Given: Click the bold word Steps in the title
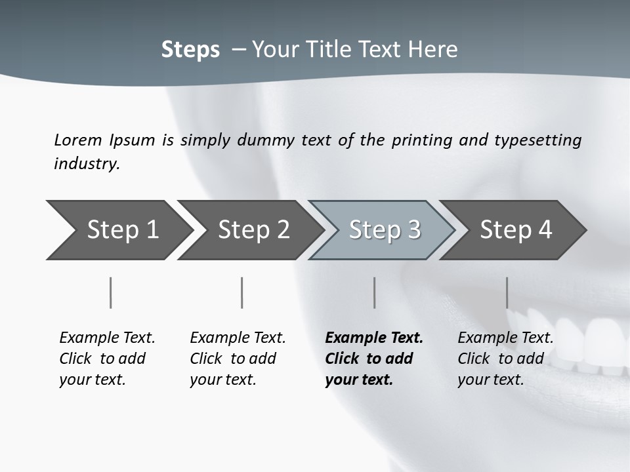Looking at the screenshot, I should pyautogui.click(x=190, y=50).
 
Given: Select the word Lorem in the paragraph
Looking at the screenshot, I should pyautogui.click(x=77, y=140).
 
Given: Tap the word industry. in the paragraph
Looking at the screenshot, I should pyautogui.click(x=87, y=163).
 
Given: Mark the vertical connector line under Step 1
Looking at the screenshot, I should pyautogui.click(x=110, y=292).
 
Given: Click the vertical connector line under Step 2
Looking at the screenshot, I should pyautogui.click(x=242, y=292).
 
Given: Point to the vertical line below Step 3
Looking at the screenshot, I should pyautogui.click(x=374, y=292).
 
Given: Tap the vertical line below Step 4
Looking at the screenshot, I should pyautogui.click(x=507, y=292).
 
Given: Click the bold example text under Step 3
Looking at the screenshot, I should pyautogui.click(x=373, y=359).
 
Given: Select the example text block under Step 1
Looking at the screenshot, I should pyautogui.click(x=107, y=359).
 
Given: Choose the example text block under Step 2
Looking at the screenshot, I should pyautogui.click(x=238, y=359).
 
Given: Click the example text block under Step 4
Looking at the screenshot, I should pyautogui.click(x=505, y=359).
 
